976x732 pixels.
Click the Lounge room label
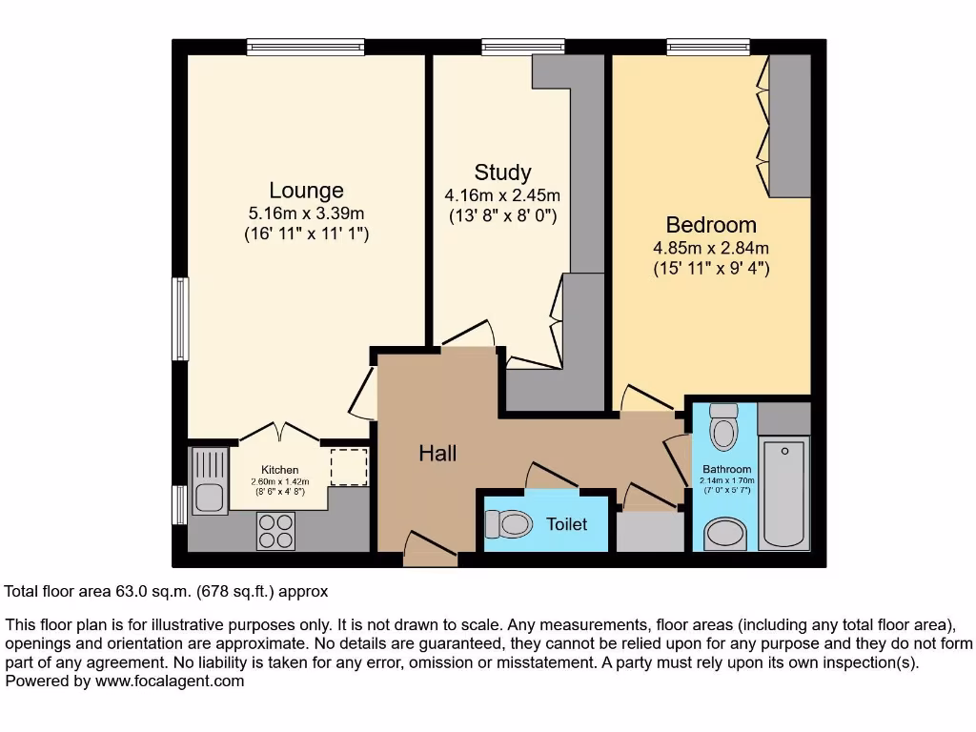tap(306, 191)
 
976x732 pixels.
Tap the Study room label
tap(502, 173)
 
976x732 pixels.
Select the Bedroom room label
tap(711, 225)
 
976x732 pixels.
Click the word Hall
tap(437, 453)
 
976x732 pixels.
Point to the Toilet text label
tap(566, 524)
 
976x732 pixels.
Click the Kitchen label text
tap(280, 470)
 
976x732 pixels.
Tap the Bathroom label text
tap(727, 469)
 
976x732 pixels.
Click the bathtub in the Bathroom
tap(784, 493)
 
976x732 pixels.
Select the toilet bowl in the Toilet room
tap(509, 523)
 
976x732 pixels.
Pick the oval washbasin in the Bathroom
tap(727, 535)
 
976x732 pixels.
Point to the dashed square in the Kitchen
tap(348, 467)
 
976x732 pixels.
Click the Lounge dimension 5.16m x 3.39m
tap(306, 213)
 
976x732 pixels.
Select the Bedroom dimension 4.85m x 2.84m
tap(711, 249)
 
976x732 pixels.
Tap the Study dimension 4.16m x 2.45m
tap(502, 195)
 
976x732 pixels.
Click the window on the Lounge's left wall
tap(179, 318)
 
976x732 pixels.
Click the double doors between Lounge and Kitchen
tap(278, 433)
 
